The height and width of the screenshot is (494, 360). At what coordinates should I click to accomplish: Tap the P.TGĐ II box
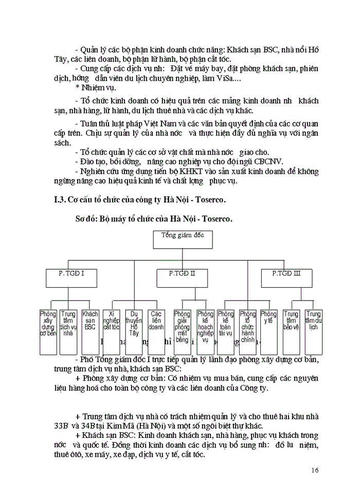tap(182, 277)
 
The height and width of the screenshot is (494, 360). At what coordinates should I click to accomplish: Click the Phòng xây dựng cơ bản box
tap(48, 331)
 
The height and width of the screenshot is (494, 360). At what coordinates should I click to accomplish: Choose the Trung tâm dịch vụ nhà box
tap(68, 331)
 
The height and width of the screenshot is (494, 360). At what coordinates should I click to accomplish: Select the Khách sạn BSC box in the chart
tap(91, 331)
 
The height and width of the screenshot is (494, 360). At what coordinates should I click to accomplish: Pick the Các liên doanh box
tap(156, 331)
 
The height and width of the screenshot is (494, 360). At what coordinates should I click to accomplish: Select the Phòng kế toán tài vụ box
tap(225, 331)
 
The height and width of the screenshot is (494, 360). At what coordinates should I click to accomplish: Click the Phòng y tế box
tap(268, 331)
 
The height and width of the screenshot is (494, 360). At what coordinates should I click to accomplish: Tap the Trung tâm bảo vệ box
tap(291, 331)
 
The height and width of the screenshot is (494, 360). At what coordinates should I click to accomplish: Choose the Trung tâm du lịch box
tap(313, 331)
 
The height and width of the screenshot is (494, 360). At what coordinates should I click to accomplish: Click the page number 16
tap(315, 470)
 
